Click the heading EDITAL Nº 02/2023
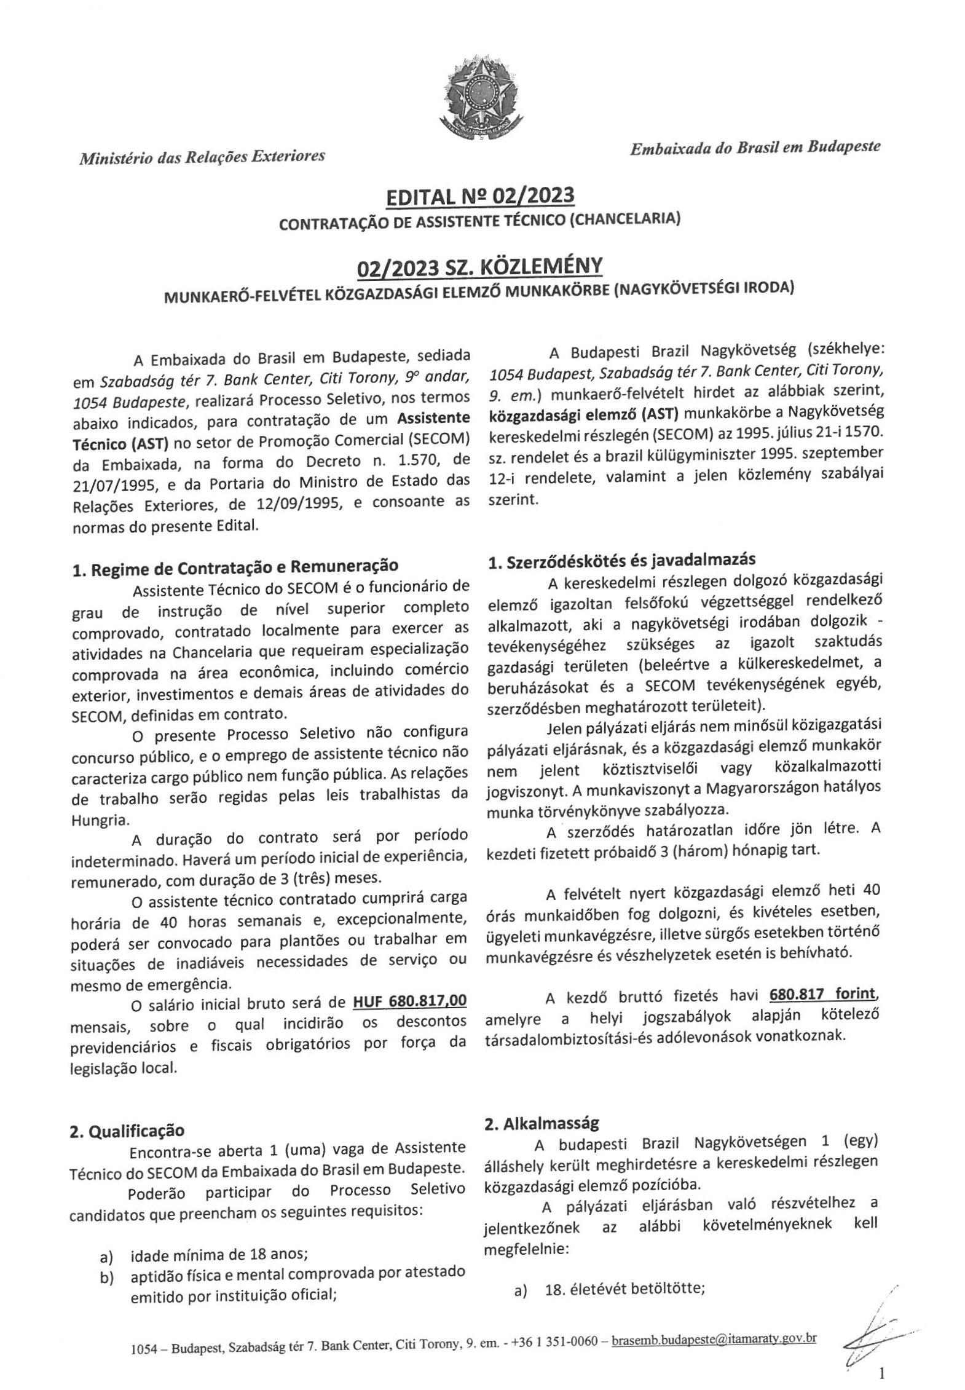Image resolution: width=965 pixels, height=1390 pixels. click(x=479, y=196)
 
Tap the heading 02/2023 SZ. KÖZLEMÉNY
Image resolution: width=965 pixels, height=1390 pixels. click(x=479, y=267)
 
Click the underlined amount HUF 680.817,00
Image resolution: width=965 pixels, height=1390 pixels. click(x=409, y=1001)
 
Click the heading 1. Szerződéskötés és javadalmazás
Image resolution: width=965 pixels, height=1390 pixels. click(x=621, y=560)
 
